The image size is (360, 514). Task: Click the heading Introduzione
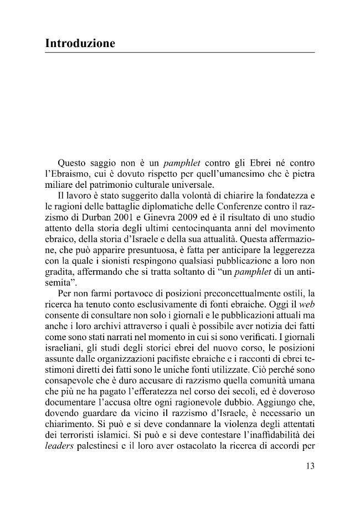[x=80, y=43]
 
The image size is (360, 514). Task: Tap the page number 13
[x=310, y=466]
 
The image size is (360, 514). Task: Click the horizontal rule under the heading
[x=180, y=53]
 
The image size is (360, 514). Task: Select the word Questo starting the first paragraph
[x=73, y=163]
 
